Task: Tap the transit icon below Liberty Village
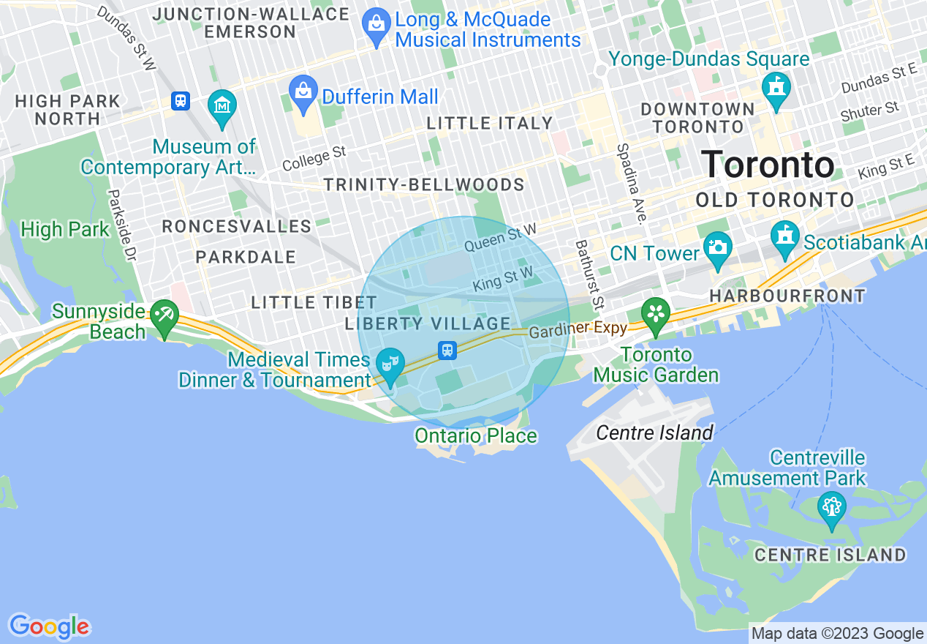(447, 350)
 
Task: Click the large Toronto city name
(768, 165)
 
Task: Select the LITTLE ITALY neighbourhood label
(489, 123)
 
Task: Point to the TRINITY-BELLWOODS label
(424, 184)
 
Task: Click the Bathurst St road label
(590, 274)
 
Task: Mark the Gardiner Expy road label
(579, 329)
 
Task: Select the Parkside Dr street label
(122, 225)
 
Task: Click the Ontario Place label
(476, 436)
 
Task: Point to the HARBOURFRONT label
(787, 296)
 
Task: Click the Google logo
(49, 627)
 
